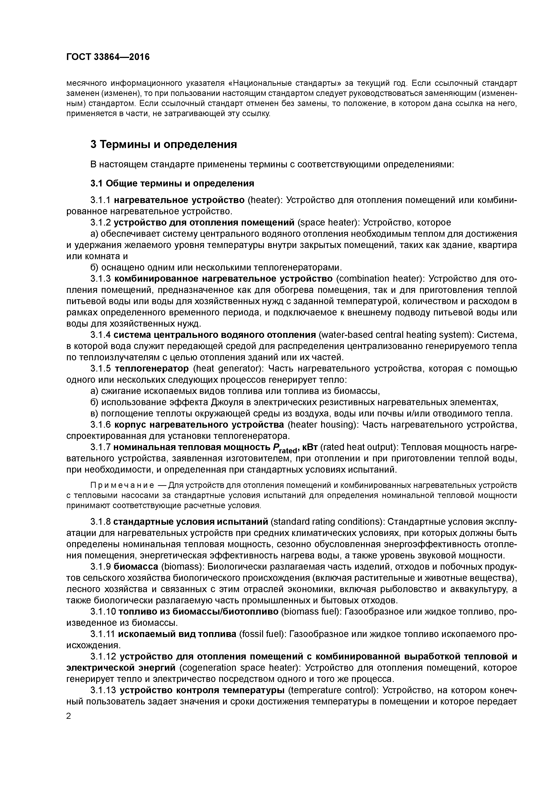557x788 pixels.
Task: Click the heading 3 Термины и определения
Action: (x=164, y=144)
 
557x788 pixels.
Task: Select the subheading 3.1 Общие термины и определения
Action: (x=172, y=184)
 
